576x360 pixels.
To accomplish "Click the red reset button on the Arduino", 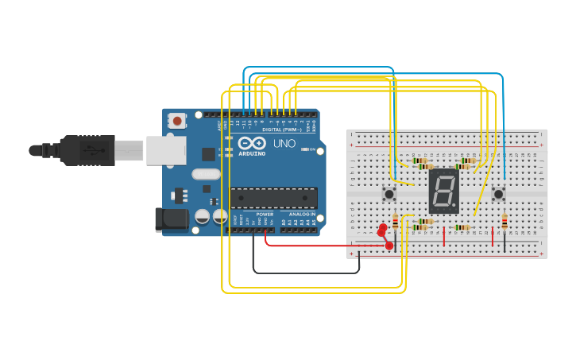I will coord(177,121).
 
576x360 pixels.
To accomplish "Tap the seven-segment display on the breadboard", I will coord(443,191).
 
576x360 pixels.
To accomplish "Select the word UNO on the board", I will coord(284,144).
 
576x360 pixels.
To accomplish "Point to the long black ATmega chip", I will coord(273,198).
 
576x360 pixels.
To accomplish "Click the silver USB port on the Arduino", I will coord(166,149).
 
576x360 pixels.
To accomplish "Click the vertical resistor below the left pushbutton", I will coord(395,223).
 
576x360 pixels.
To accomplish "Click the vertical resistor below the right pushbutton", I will coord(504,223).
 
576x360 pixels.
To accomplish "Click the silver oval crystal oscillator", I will coord(205,175).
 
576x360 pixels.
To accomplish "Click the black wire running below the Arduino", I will coord(306,273).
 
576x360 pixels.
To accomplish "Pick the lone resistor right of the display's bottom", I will coord(462,227).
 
